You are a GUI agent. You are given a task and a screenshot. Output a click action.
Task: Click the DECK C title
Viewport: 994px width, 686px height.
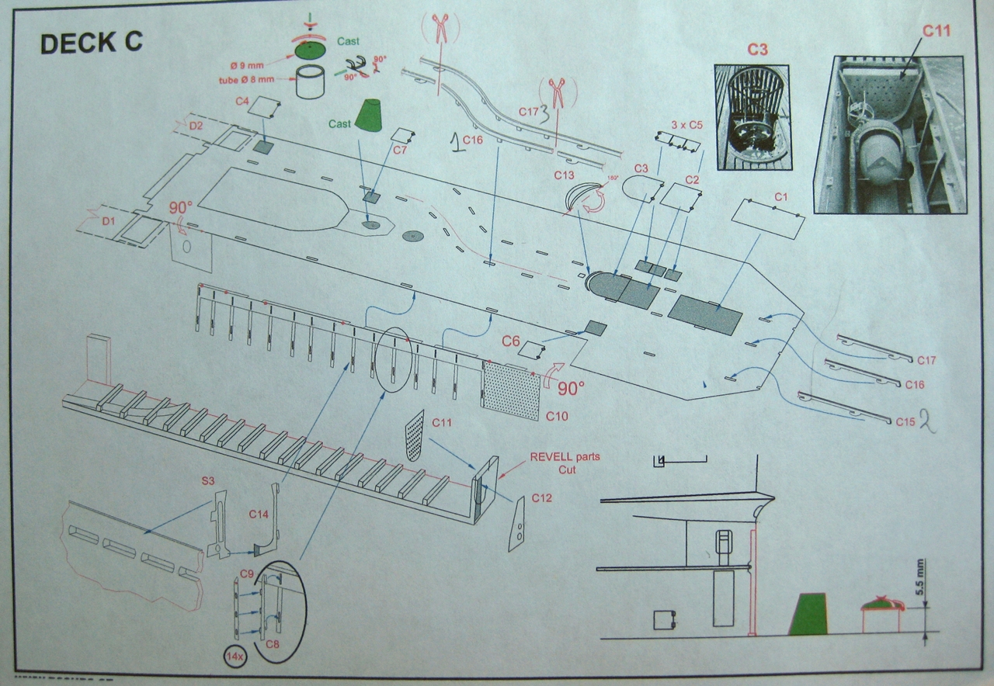[x=91, y=43]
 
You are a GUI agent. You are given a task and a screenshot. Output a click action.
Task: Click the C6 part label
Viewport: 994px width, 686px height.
[x=510, y=341]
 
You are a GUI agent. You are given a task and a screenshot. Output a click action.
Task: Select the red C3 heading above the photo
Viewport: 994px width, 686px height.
[x=758, y=49]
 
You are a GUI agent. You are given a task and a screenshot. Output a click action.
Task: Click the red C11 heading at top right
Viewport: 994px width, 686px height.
[x=937, y=31]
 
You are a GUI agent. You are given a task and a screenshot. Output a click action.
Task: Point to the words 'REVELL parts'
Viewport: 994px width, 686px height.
[x=565, y=457]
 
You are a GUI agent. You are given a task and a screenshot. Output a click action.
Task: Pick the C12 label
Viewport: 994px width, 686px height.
[x=543, y=497]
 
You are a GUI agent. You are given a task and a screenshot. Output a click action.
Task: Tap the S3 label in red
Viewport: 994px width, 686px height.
[x=208, y=481]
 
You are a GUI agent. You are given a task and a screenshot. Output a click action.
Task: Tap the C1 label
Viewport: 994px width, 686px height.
[x=780, y=196]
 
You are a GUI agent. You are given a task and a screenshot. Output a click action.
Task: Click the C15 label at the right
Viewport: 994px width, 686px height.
[x=905, y=421]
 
